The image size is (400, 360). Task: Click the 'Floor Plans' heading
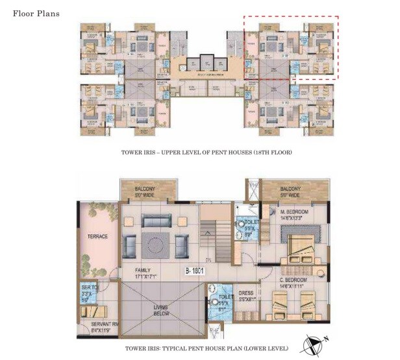pyautogui.click(x=36, y=12)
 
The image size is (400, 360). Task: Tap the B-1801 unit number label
pyautogui.click(x=193, y=271)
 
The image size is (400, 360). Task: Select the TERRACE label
pyautogui.click(x=97, y=236)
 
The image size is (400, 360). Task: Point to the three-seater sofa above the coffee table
pyautogui.click(x=156, y=221)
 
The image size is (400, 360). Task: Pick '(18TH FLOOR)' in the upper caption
pyautogui.click(x=270, y=153)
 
